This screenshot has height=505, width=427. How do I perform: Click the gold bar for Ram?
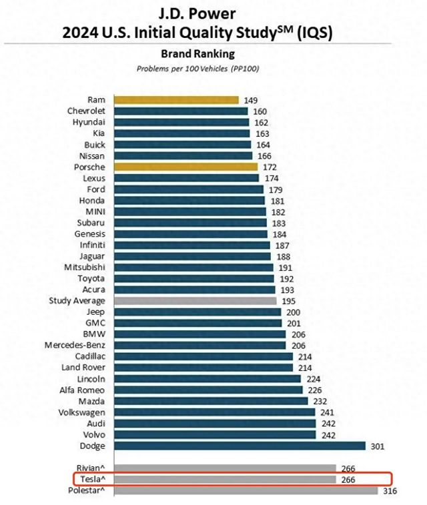176,100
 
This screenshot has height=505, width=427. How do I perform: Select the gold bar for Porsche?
186,167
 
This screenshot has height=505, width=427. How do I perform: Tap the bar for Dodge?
240,446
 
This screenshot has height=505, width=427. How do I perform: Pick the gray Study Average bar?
195,301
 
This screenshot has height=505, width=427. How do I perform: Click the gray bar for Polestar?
246,490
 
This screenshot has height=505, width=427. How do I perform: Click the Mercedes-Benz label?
75,345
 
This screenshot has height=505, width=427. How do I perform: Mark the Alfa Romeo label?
82,390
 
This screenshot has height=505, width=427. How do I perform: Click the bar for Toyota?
194,278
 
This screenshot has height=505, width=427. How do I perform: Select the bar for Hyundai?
181,122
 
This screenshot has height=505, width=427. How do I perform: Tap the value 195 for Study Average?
290,301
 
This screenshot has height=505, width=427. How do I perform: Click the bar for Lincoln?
207,379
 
